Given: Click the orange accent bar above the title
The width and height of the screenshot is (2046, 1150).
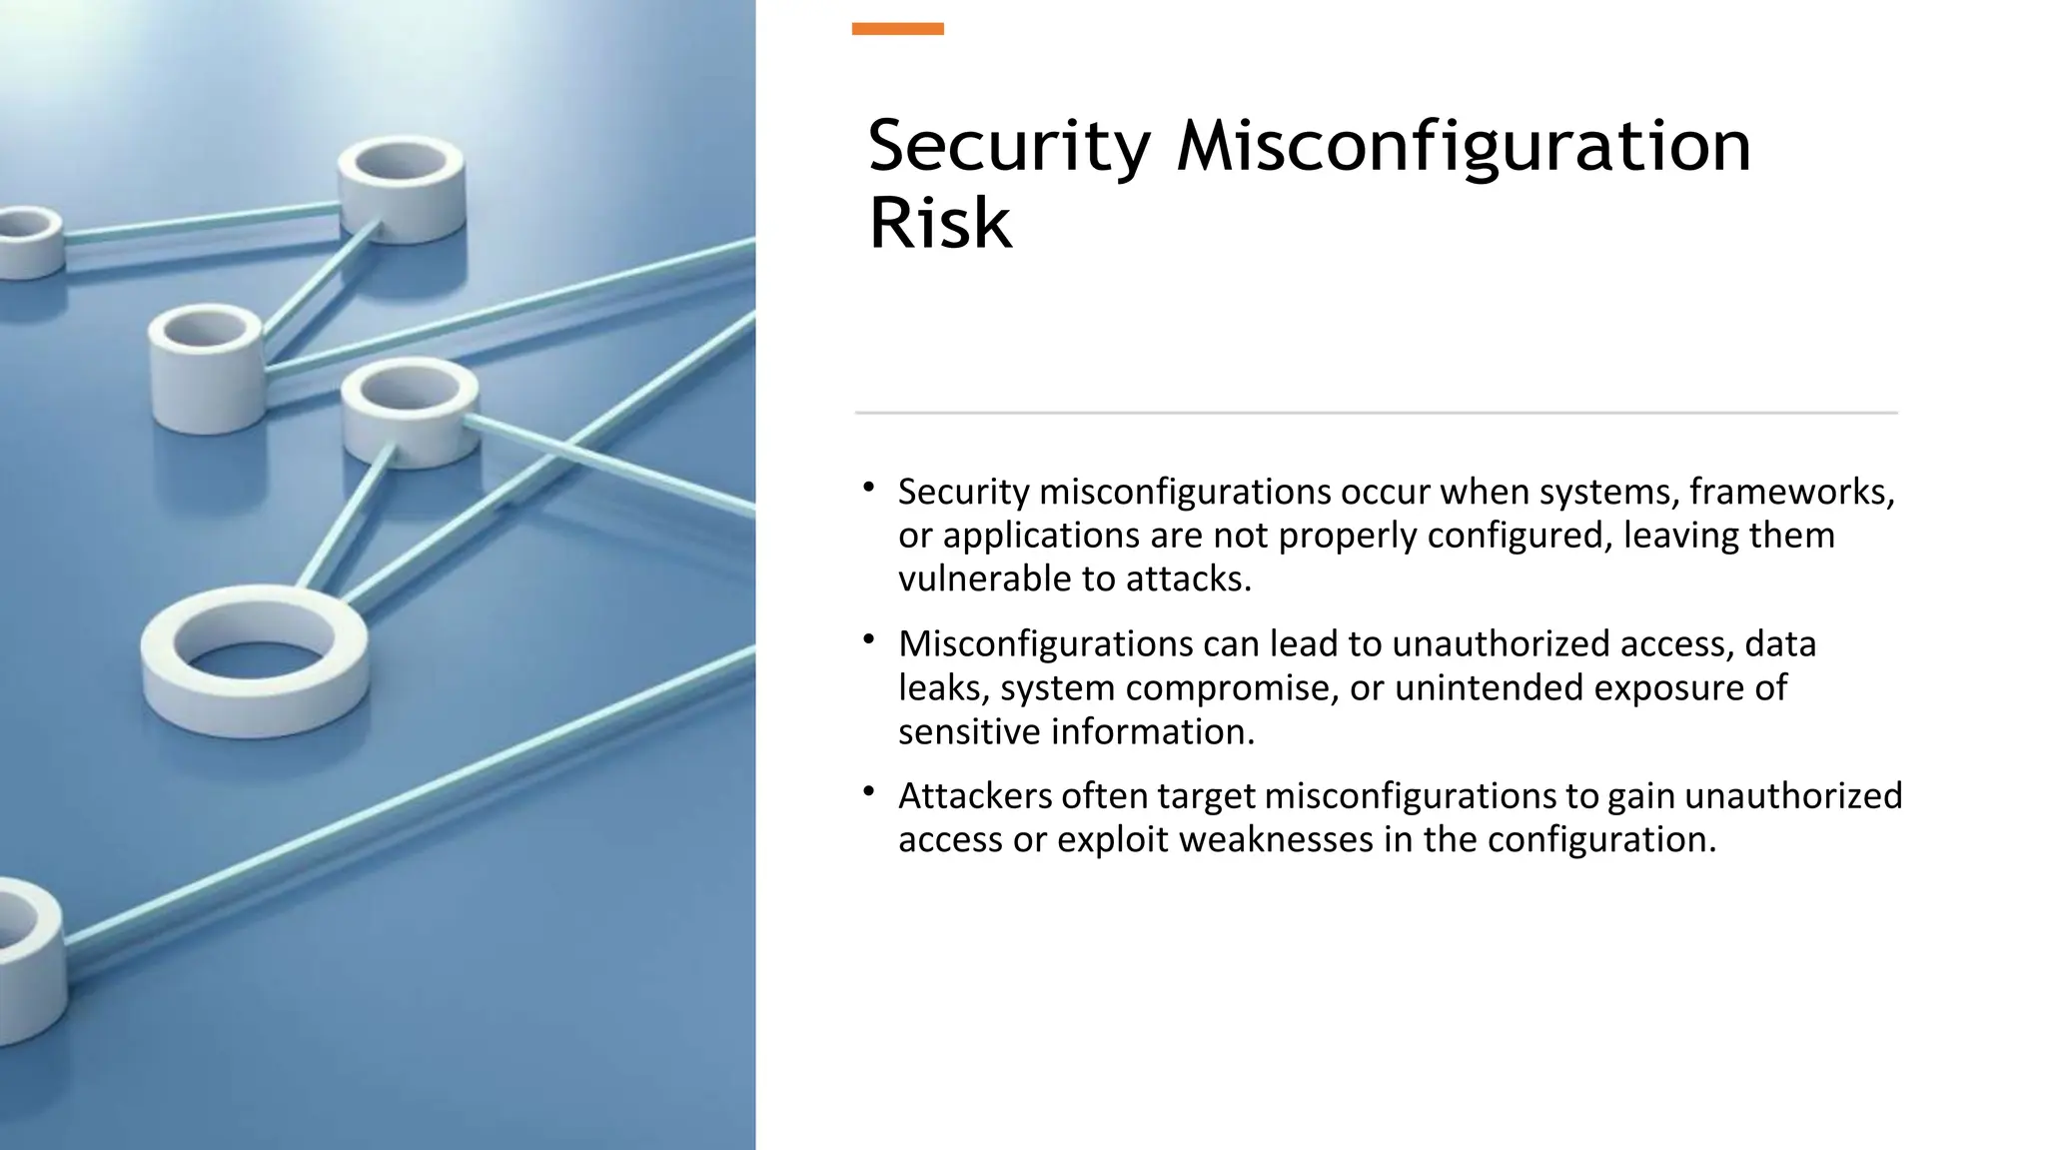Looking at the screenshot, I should coord(897,29).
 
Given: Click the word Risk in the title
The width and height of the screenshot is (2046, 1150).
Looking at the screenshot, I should coord(940,223).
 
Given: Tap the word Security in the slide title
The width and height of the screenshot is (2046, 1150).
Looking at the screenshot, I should coord(1009,147).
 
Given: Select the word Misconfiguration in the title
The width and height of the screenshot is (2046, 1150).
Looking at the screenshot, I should coord(1464,147).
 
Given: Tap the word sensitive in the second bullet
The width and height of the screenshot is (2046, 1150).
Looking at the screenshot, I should coord(968,731).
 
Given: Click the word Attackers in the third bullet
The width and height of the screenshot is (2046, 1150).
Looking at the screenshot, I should coord(975,795).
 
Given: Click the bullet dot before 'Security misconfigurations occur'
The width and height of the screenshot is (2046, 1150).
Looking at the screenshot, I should coord(869,488).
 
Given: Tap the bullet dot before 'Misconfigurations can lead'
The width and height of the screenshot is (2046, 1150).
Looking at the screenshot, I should coord(869,639).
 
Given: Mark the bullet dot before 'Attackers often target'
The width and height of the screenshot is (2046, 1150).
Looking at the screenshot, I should coord(869,791).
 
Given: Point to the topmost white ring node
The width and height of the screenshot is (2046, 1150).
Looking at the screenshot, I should coord(402,180).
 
